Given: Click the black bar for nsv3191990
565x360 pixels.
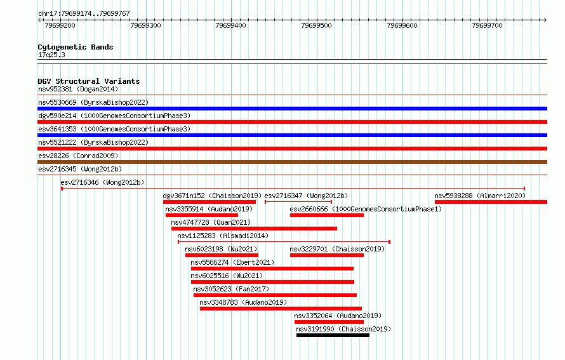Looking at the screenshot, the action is (333, 335).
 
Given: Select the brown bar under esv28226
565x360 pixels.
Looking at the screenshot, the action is (292, 162).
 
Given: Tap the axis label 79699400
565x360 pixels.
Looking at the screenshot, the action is (230, 25).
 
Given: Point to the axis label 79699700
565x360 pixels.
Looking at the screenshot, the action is (487, 25).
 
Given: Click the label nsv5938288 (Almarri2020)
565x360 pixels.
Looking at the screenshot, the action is (480, 196).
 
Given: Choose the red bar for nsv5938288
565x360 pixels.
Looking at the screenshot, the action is (491, 202).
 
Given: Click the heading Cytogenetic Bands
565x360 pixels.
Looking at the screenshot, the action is (76, 47).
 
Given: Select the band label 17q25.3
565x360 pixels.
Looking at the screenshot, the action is (51, 55).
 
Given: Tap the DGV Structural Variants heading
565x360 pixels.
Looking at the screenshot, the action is (89, 81).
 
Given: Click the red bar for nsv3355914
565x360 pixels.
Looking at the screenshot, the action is (202, 215).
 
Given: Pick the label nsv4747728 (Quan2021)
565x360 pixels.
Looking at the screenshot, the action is (211, 222).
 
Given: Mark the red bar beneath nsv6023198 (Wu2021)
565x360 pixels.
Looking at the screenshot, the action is (222, 255).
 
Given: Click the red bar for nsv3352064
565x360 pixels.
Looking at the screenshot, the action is (329, 322).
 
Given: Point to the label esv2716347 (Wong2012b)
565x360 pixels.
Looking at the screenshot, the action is (306, 196).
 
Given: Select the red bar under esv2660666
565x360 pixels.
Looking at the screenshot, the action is (327, 215).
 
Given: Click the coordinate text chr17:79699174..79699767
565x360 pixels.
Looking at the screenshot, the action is (84, 13).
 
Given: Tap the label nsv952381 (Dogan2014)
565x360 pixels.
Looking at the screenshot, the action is (78, 89).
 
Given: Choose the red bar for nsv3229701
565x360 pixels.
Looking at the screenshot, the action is (327, 255).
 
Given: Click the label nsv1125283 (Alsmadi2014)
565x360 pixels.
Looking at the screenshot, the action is (223, 236).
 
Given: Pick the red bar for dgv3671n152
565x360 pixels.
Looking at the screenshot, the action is (209, 202).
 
